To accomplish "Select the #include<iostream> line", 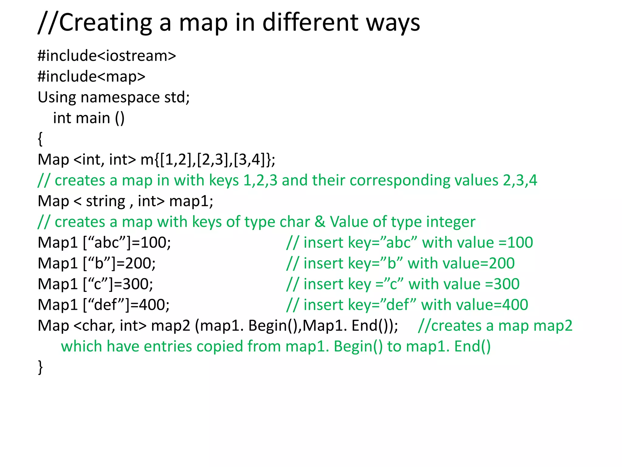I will (x=107, y=56).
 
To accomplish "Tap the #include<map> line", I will (x=91, y=77).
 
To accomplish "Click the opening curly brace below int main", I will (x=40, y=139).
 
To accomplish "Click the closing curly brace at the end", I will (x=40, y=367).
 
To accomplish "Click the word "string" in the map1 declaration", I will (x=105, y=201).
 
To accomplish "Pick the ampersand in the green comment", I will (x=320, y=222).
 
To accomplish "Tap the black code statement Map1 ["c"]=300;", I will (x=95, y=284).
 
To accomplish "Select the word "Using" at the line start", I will (x=57, y=98).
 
